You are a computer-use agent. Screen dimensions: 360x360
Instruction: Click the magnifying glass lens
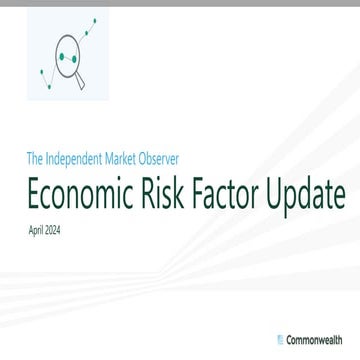pos(68,58)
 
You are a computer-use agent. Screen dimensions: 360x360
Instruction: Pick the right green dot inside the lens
pos(73,59)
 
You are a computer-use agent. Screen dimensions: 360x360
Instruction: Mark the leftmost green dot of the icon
pos(41,72)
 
